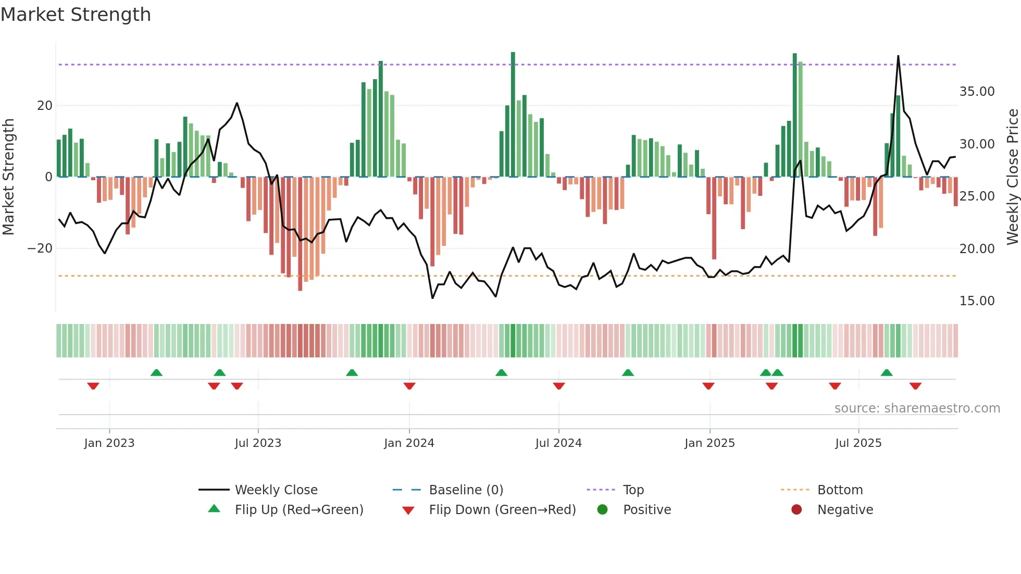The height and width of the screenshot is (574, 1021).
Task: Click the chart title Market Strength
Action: point(76,15)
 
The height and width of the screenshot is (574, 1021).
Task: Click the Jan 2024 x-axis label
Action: point(409,443)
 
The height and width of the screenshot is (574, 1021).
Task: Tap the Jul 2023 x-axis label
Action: point(258,443)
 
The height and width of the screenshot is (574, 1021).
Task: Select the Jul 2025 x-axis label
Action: point(858,443)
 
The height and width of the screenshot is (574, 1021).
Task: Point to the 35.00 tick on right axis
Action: point(977,92)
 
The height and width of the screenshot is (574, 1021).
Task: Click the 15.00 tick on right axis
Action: point(977,301)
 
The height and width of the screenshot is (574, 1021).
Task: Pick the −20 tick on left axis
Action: point(40,248)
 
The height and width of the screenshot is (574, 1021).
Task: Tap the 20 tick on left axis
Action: point(45,106)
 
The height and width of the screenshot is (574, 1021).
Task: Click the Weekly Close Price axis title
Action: point(1012,177)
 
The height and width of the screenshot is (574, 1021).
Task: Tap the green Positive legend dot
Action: point(602,510)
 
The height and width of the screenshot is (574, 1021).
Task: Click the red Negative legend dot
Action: point(796,510)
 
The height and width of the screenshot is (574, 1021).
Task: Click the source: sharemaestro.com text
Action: point(917,408)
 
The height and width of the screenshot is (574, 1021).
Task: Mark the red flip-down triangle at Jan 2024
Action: point(409,386)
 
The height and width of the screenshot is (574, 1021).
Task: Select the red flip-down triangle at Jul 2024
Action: point(559,386)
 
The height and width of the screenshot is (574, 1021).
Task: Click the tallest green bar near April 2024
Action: point(513,115)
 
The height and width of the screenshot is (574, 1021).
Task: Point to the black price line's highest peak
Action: point(898,56)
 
